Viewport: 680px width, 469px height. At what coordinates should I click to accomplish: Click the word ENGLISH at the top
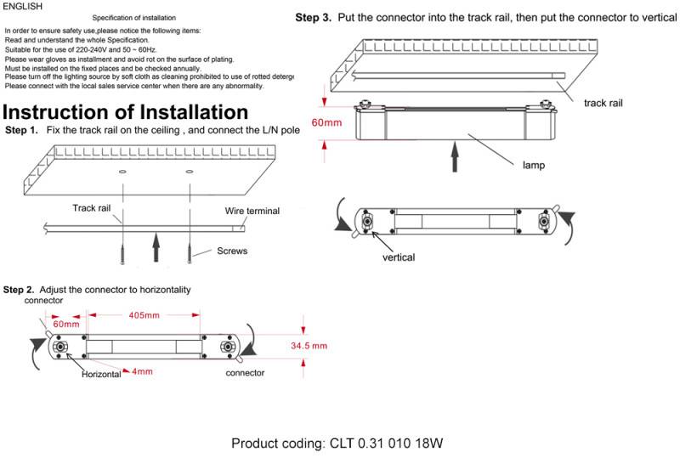click(22, 6)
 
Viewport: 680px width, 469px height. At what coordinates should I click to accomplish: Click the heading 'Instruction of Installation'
click(126, 112)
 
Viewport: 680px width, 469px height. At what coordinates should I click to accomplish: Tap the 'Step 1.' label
click(21, 130)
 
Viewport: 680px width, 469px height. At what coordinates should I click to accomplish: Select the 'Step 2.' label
click(20, 290)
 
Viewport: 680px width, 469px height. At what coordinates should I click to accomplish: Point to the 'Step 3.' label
click(313, 18)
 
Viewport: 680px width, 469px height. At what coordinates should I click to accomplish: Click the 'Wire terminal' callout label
click(252, 211)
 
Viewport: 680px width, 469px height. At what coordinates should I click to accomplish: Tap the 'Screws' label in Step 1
click(232, 251)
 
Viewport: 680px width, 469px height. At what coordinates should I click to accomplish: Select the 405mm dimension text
click(144, 316)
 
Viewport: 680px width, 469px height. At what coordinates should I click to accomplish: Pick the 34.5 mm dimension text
click(309, 346)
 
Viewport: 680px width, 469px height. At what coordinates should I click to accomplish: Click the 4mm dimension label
click(143, 371)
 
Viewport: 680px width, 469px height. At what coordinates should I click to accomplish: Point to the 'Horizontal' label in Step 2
click(101, 375)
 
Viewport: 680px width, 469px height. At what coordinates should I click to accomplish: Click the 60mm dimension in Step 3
click(326, 123)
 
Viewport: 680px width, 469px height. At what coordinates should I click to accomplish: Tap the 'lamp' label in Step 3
click(533, 166)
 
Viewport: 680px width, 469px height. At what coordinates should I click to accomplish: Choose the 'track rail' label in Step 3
click(603, 102)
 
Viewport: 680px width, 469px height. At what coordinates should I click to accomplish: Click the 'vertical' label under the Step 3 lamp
click(399, 257)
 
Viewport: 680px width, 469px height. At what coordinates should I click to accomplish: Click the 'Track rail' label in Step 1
click(90, 208)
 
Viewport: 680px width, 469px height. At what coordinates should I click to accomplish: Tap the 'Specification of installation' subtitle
click(134, 18)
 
